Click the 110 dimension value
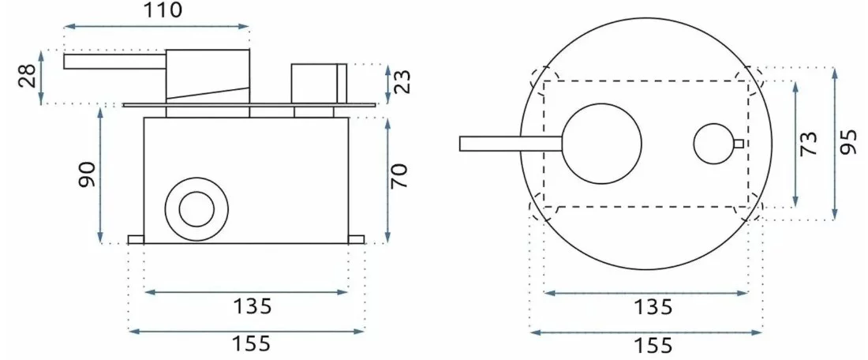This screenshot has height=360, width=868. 163,10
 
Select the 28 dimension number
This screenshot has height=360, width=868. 28,76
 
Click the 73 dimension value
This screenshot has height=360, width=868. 809,144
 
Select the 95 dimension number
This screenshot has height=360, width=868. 847,144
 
